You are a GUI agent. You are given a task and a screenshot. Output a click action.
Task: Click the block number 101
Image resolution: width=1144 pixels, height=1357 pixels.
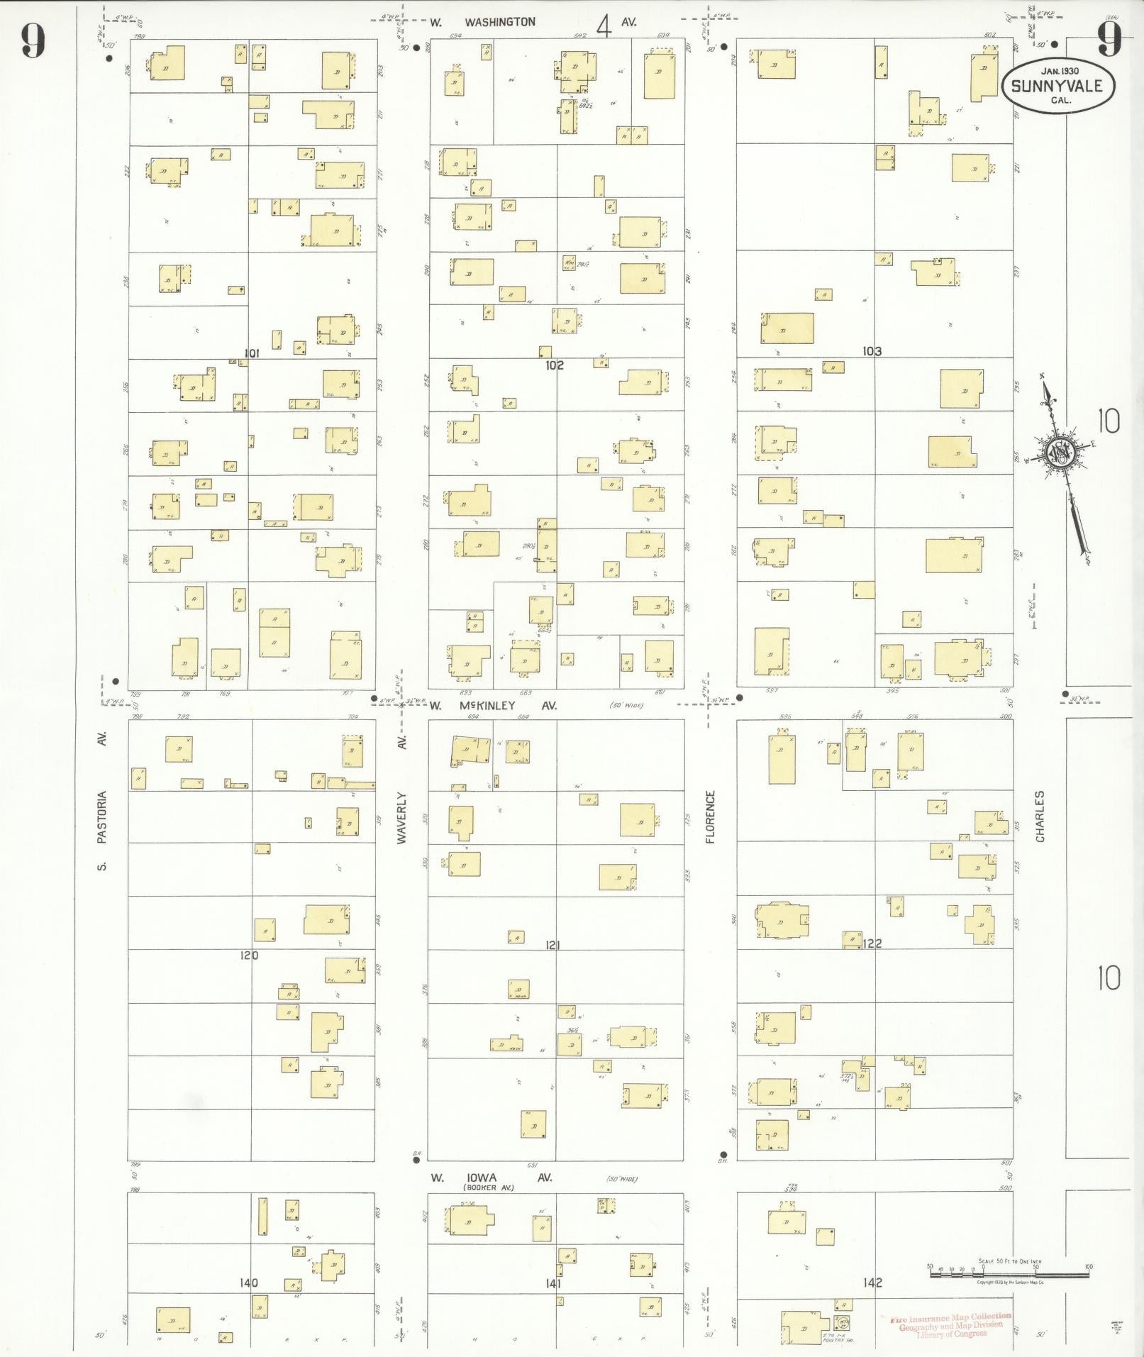tap(251, 353)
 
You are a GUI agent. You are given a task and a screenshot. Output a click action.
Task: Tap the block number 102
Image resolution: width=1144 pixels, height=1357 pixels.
tap(555, 365)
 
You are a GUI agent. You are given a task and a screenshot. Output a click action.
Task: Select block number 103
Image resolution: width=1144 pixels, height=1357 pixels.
tap(872, 350)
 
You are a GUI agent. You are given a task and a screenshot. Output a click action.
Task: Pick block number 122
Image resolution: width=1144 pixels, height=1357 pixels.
tap(872, 943)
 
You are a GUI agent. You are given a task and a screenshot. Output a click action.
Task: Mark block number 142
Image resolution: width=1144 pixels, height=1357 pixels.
tap(872, 1283)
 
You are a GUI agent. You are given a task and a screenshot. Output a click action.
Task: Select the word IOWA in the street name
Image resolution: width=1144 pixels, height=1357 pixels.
tap(482, 1178)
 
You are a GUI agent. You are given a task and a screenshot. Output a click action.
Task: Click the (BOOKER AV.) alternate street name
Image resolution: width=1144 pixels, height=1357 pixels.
tap(489, 1187)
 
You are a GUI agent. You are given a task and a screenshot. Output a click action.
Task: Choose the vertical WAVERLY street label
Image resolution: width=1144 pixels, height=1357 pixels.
tap(401, 817)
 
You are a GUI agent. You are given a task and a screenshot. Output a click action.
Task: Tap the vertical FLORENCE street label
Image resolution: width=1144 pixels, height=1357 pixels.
tap(710, 816)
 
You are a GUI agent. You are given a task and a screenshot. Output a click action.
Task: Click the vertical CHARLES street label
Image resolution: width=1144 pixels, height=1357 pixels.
tap(1040, 816)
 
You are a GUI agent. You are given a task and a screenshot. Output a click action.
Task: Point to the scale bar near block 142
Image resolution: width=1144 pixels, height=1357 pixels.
tap(1009, 1275)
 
